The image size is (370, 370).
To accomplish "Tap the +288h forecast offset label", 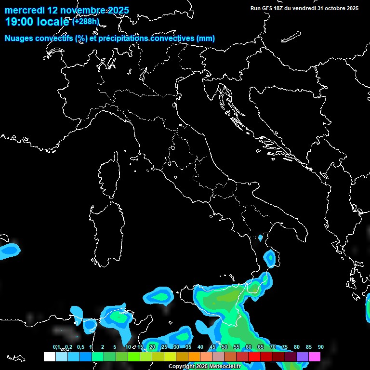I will [86, 21].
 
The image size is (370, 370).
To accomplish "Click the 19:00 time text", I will [19, 22].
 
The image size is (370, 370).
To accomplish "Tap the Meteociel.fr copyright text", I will [204, 367].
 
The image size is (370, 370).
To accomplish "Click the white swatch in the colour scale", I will [49, 357].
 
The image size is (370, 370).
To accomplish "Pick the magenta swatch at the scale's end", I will [315, 357].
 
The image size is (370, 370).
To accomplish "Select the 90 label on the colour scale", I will [320, 347].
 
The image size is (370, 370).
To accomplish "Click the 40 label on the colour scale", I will [200, 347].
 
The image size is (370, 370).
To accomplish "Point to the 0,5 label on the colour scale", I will [80, 347].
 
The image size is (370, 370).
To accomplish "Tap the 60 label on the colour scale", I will [248, 347].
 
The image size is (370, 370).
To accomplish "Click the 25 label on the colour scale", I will [164, 347].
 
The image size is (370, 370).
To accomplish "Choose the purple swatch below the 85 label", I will [303, 357].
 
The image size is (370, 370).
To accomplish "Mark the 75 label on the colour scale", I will [284, 347].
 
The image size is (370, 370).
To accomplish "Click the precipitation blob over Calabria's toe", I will [270, 259].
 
